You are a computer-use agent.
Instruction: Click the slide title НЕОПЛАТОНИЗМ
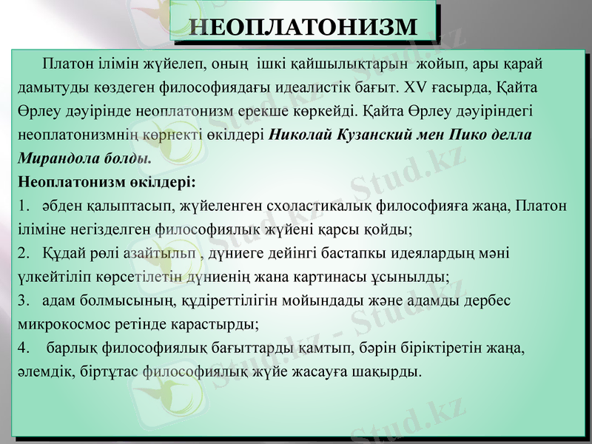click(301, 26)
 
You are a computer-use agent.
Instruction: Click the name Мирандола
click(57, 159)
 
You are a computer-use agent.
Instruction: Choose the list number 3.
click(23, 300)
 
